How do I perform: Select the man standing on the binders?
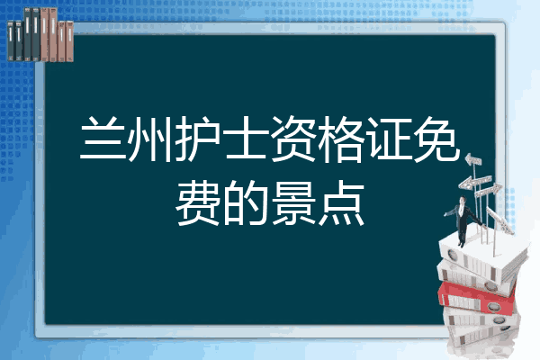coord(462,221)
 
